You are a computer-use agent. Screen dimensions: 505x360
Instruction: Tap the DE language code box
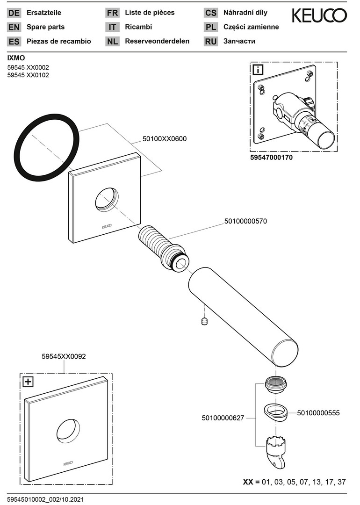(x=14, y=13)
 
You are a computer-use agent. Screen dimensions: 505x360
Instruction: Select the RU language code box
(x=211, y=41)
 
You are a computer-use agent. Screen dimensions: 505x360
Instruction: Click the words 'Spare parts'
(x=46, y=27)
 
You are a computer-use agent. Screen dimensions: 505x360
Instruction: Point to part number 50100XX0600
(x=165, y=139)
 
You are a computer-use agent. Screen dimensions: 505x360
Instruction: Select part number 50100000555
(x=318, y=413)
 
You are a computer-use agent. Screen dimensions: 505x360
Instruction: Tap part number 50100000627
(x=223, y=418)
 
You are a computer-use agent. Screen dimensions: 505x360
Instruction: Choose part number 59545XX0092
(x=64, y=356)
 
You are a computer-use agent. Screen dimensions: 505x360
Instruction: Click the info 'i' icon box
(x=258, y=70)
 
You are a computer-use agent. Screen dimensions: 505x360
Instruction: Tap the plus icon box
(x=28, y=382)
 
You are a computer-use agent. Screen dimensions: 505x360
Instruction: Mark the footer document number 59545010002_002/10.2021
(x=45, y=500)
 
